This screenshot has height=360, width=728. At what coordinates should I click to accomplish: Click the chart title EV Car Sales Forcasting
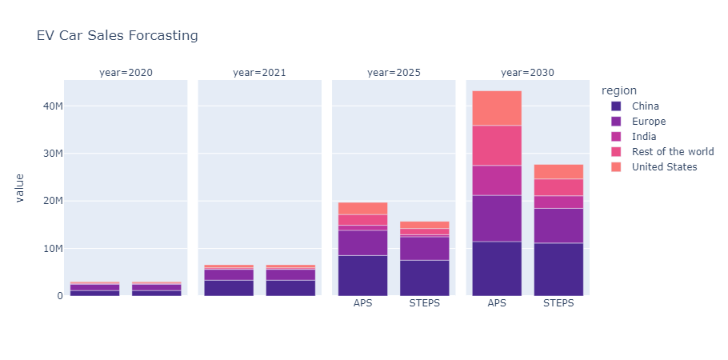coord(117,36)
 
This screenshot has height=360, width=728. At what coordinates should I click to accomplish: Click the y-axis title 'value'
coord(18,189)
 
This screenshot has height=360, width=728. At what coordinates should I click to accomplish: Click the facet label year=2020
coord(126,73)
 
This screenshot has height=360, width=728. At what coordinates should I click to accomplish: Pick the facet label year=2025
coord(394,73)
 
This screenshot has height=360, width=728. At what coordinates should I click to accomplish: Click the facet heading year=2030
coord(527,73)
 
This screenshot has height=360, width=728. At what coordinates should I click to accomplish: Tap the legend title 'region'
coord(620,90)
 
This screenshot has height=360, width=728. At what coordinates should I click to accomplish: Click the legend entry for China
coord(645,106)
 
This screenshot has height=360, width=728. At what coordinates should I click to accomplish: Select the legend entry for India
coord(644,137)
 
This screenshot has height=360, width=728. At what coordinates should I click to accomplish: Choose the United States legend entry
coord(664,167)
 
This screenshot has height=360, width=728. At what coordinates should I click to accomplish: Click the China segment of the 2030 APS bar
coord(497,268)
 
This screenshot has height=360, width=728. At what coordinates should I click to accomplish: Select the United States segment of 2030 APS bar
coord(497,108)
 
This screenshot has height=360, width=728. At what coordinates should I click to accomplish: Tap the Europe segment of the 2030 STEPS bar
coord(558,225)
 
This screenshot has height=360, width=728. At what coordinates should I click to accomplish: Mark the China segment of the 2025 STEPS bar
coord(424,278)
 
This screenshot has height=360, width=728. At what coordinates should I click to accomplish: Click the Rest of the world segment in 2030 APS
coord(497,146)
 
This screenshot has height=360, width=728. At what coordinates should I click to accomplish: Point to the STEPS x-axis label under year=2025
coord(424,304)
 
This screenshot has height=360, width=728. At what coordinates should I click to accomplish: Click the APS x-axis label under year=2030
coord(497,304)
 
